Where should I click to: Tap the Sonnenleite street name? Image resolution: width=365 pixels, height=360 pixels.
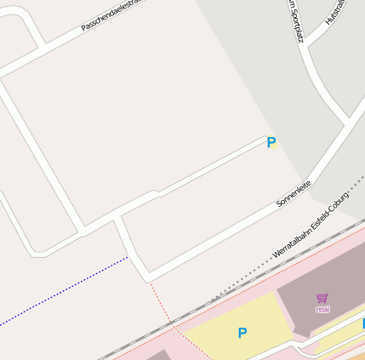tap(294, 194)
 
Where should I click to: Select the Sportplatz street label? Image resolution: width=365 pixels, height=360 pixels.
tap(295, 21)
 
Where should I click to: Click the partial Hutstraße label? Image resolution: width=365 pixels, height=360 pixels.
tap(334, 10)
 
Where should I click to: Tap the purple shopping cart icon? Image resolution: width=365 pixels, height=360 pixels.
tap(322, 298)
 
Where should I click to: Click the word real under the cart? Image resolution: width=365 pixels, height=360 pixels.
tap(322, 309)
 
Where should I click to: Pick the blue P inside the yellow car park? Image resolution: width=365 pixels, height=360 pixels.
tap(242, 333)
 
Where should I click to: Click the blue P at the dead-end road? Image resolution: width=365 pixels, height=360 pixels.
tap(271, 142)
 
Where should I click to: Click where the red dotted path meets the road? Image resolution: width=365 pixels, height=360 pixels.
tap(149, 278)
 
